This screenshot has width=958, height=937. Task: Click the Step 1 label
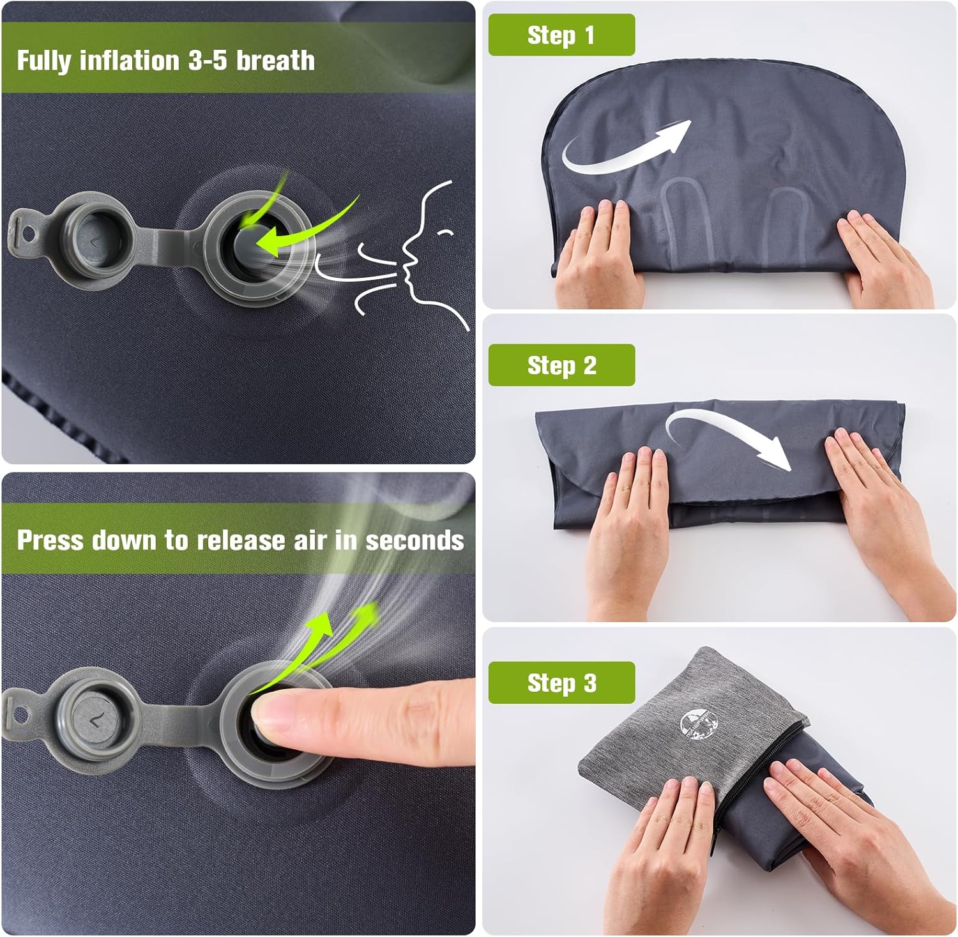point(561,35)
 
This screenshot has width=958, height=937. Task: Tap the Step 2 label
point(561,365)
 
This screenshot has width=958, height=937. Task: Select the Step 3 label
point(561,683)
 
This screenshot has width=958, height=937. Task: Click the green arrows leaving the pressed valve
point(332,639)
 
